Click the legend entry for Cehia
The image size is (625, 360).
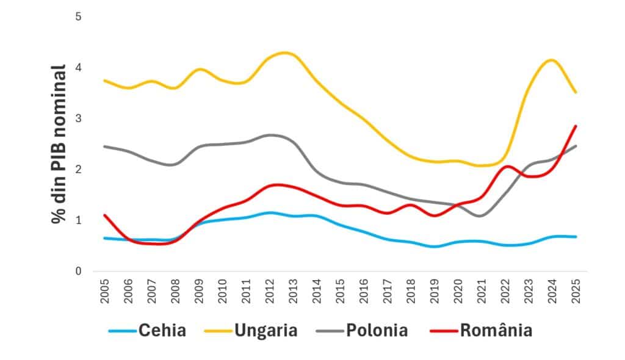click(162, 331)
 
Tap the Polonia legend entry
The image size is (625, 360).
click(377, 331)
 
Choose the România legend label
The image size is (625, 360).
click(496, 331)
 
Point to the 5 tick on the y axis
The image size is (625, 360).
click(78, 16)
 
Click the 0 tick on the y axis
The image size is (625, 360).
click(78, 271)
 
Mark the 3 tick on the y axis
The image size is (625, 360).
click(78, 118)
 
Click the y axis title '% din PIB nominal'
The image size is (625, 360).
click(59, 143)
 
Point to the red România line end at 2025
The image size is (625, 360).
click(575, 126)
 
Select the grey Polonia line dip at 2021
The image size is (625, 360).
click(481, 215)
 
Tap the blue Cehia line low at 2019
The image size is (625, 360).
click(434, 247)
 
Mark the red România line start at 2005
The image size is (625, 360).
click(104, 215)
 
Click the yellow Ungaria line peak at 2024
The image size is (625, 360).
click(551, 60)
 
